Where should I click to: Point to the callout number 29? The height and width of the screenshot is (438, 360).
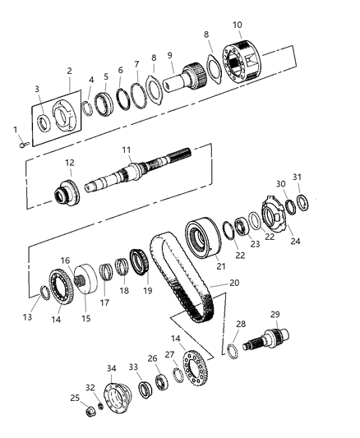pos(275,315)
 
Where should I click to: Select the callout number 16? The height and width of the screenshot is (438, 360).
pos(64,260)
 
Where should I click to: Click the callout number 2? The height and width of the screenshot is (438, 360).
pos(69,71)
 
